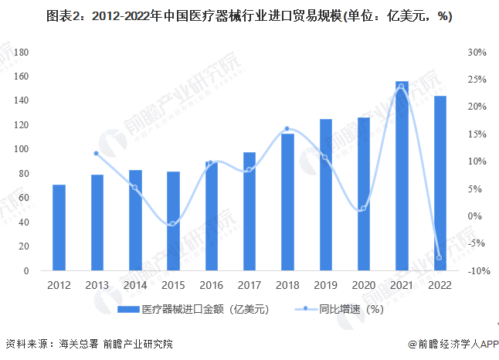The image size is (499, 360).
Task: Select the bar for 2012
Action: [59, 228]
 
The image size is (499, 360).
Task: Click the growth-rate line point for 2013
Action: [97, 153]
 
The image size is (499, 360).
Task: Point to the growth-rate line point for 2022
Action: [440, 258]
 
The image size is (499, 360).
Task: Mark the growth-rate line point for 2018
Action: [287, 129]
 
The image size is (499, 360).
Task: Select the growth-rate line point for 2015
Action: [173, 223]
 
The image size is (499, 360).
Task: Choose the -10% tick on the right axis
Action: [475, 271]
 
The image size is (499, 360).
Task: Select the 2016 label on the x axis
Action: [211, 284]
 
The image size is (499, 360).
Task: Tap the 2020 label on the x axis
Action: [363, 284]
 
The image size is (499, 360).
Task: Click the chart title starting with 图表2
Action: [249, 17]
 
